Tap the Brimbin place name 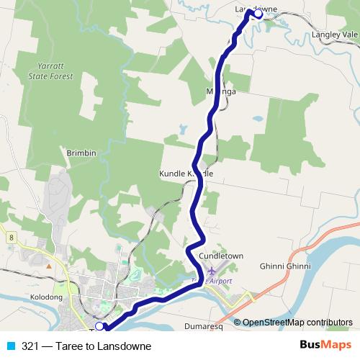pos(81,153)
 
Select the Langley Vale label pos(335,34)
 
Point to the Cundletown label pos(221,256)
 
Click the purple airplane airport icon pos(212,271)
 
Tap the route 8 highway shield pos(12,235)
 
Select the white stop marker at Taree pos(99,327)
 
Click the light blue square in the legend pos(10,346)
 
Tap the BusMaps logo pos(325,345)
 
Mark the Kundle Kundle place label pos(186,174)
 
